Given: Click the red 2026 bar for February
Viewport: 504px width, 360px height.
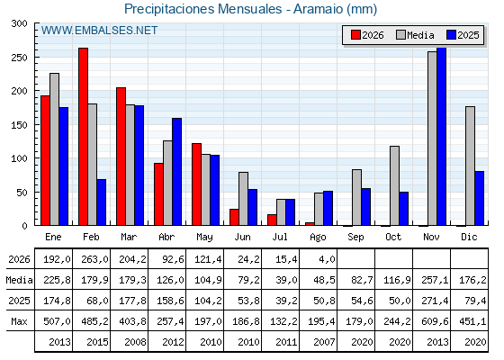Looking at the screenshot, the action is click(83, 137).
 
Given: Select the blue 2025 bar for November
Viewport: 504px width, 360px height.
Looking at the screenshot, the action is click(441, 136).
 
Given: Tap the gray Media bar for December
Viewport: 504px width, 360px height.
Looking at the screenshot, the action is click(470, 166).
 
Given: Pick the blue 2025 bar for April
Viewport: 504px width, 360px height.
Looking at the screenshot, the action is click(176, 172).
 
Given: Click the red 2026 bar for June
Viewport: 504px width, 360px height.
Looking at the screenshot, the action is click(234, 217).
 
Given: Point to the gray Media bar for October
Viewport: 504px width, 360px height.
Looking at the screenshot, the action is click(394, 185).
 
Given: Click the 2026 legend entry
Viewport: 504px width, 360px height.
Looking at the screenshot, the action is click(367, 35).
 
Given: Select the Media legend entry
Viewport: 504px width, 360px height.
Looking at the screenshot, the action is click(415, 35).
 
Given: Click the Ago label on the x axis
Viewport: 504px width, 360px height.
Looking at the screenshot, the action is click(318, 238).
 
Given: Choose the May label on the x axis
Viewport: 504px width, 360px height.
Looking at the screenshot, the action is click(204, 238).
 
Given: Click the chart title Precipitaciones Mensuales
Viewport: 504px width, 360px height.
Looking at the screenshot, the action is click(202, 9).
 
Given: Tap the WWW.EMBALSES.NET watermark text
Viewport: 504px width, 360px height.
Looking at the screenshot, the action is click(99, 31).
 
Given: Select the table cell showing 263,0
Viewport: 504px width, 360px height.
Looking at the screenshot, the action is click(94, 259).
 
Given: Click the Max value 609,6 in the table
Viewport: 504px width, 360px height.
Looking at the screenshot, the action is click(435, 321).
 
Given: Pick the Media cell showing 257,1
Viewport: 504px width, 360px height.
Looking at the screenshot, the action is click(435, 280).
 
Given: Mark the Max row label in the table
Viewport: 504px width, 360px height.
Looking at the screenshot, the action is click(19, 321).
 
